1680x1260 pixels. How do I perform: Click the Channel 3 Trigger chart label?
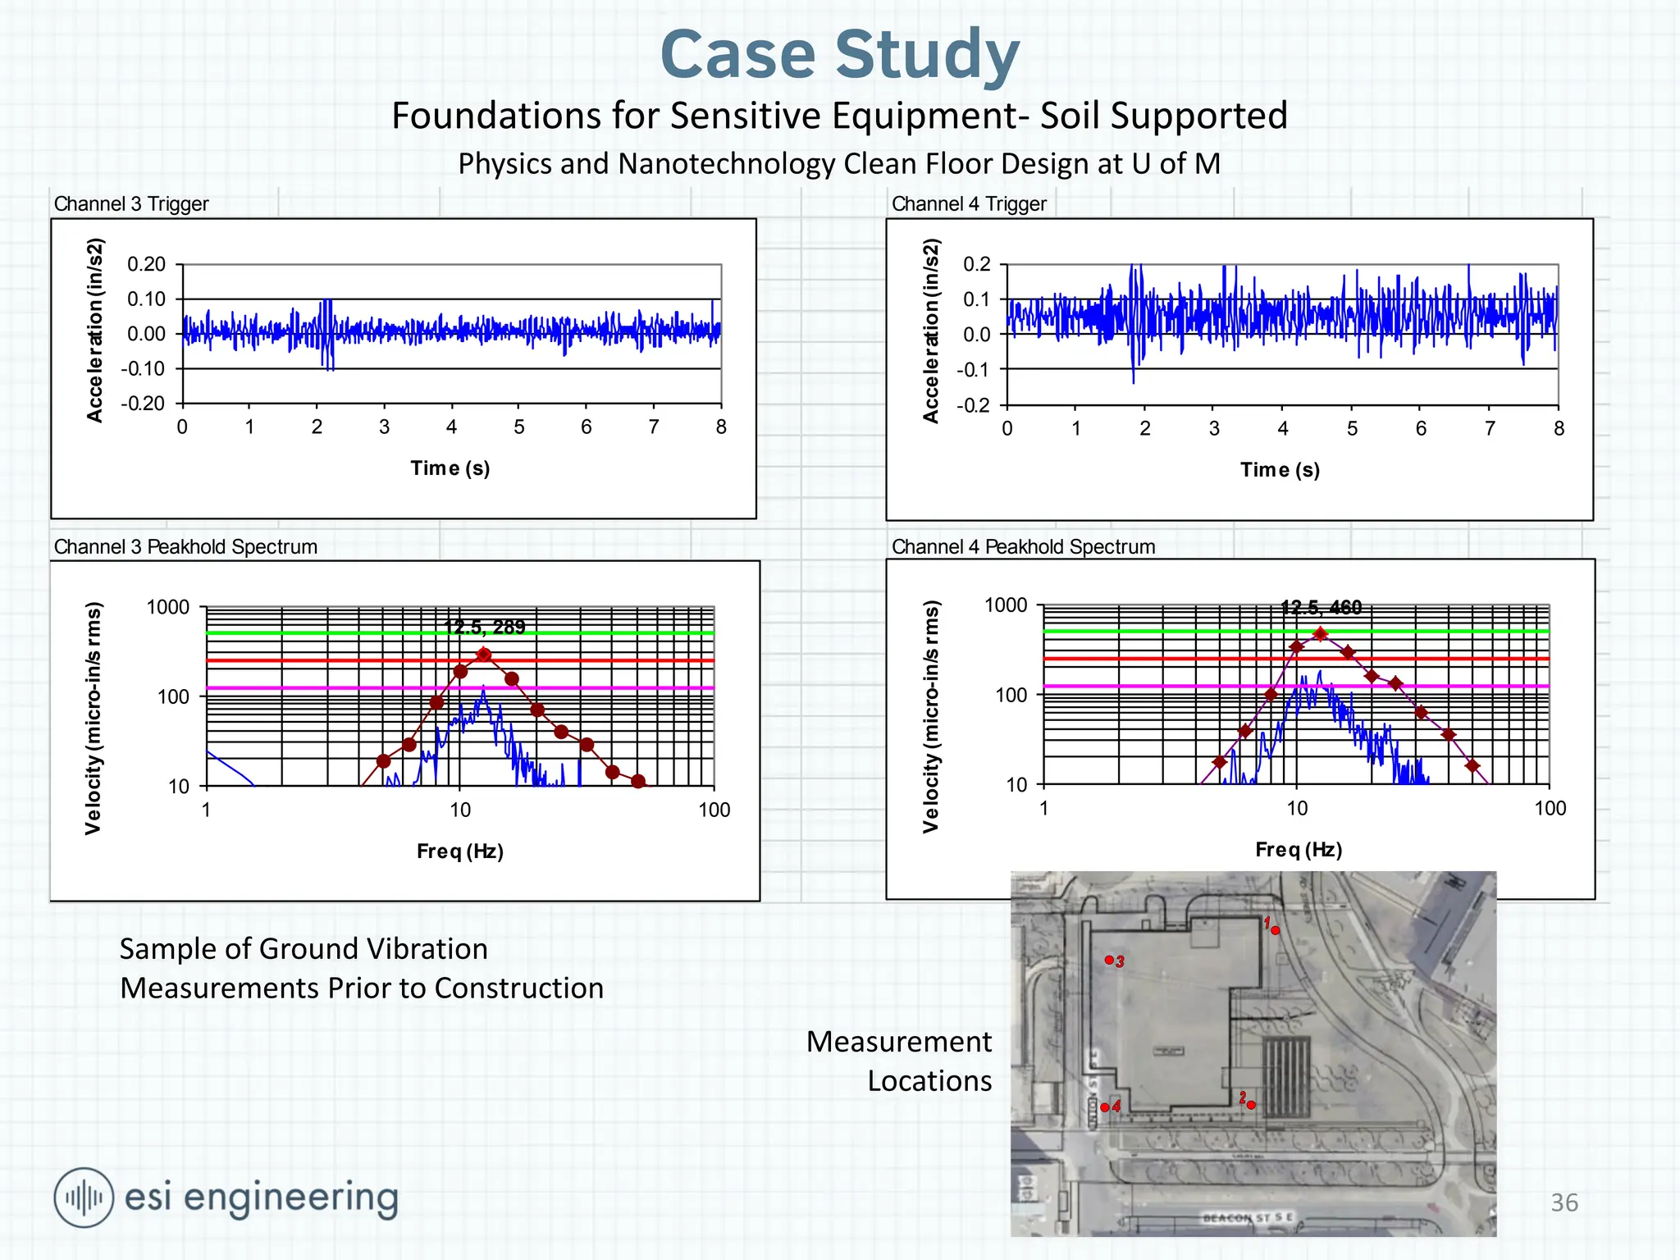[131, 203]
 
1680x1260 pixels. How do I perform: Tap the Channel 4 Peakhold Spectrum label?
[1023, 546]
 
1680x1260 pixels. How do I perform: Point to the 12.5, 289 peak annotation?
[484, 628]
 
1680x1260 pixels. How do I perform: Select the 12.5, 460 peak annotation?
[1321, 608]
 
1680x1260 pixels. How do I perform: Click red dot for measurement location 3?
[1109, 960]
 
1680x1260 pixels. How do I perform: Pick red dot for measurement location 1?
[1275, 930]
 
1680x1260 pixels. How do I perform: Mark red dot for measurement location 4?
[1105, 1107]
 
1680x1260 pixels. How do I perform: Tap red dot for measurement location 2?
[1251, 1105]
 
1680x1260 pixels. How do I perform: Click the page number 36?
[1564, 1203]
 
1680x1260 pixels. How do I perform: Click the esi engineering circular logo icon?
[84, 1198]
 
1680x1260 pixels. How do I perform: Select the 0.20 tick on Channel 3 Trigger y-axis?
[146, 264]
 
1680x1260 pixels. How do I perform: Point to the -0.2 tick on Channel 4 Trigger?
[975, 406]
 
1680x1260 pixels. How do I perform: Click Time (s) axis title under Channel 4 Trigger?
[1280, 470]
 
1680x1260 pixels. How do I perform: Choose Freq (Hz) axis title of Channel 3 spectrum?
[459, 851]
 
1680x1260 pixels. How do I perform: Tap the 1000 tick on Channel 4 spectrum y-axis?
[1005, 605]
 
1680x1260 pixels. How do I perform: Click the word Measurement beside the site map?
[899, 1042]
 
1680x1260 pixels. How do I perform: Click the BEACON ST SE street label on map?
[1247, 1218]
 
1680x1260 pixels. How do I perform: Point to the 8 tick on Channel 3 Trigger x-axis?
[720, 427]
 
